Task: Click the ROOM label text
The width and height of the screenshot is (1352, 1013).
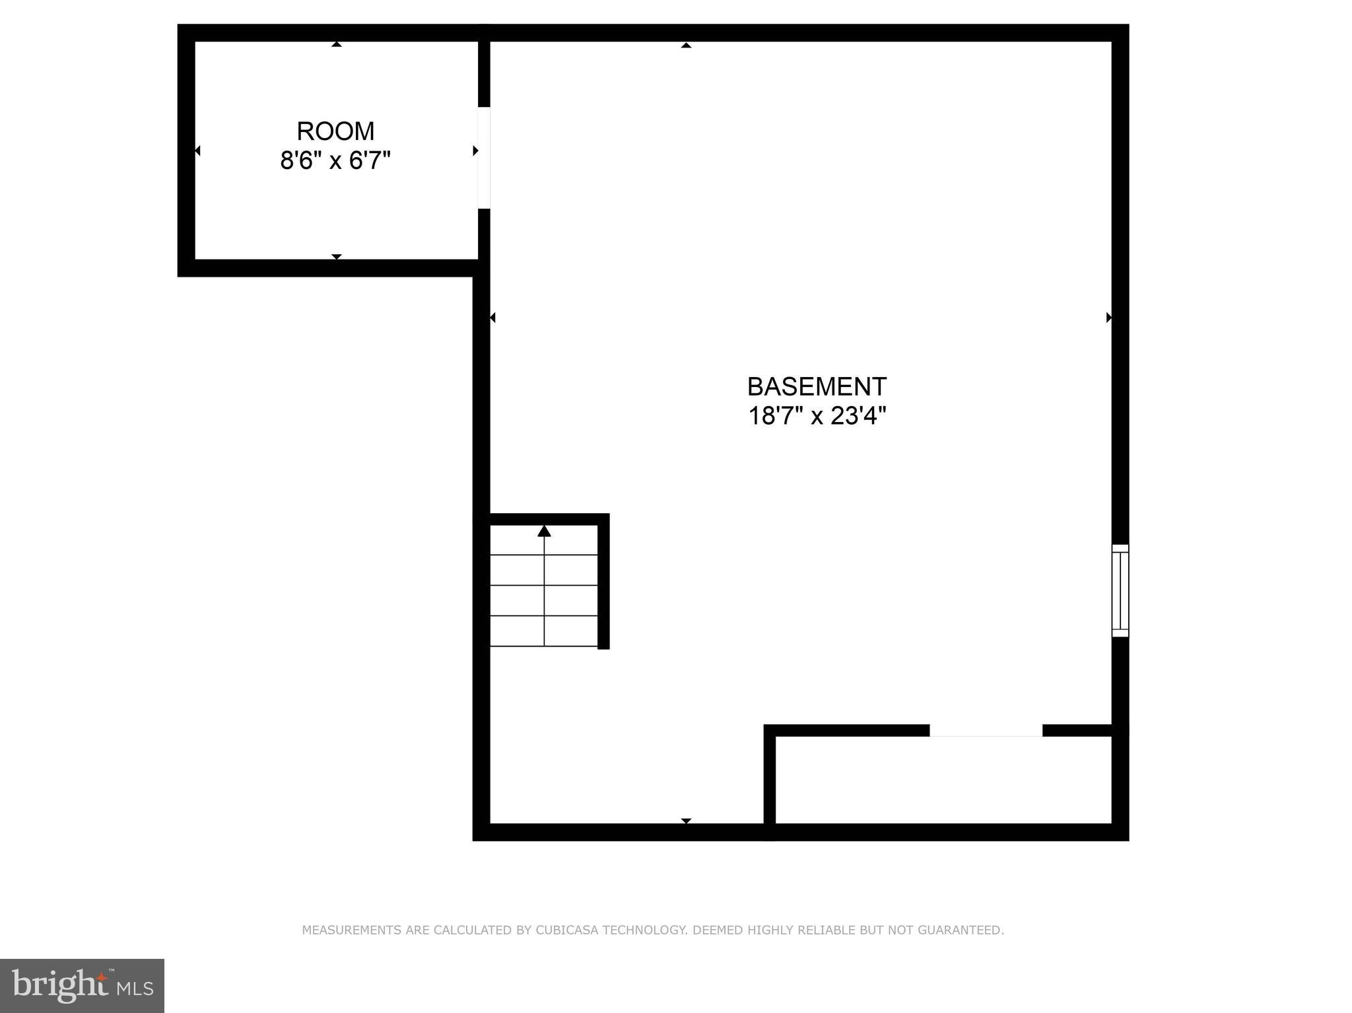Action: click(x=335, y=131)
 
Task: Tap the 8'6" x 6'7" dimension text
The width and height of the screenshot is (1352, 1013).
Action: click(x=335, y=160)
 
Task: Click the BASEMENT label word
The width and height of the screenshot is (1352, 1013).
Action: click(x=817, y=386)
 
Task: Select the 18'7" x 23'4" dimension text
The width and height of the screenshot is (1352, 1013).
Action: click(x=817, y=416)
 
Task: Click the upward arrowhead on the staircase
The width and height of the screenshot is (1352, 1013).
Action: click(x=544, y=531)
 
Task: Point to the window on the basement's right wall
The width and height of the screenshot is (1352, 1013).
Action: click(x=1120, y=590)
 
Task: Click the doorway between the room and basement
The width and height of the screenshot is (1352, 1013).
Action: click(x=484, y=158)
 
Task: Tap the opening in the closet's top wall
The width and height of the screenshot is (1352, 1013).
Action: click(x=986, y=730)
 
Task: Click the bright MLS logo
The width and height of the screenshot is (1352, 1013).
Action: click(x=82, y=985)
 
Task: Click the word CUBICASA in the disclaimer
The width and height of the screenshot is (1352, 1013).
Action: click(x=567, y=930)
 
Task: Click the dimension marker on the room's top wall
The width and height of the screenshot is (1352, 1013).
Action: click(x=337, y=44)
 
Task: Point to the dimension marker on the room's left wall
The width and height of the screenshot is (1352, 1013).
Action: click(x=197, y=151)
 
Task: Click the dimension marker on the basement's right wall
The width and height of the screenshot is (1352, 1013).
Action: click(x=1109, y=318)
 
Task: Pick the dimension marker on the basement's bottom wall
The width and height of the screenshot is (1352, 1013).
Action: click(x=686, y=821)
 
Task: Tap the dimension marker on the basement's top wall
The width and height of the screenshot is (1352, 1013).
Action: click(x=686, y=45)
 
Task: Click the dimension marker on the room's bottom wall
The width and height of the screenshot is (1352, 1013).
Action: click(x=337, y=256)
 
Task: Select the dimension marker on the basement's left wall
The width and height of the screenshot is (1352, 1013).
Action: click(x=492, y=318)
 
